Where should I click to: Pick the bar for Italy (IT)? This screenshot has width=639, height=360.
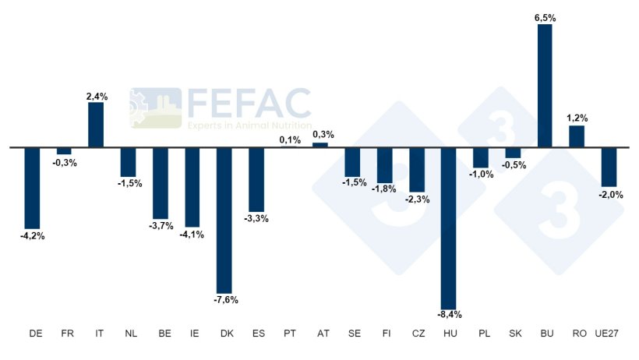tap(96, 125)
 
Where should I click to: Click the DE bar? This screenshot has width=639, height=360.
tap(32, 187)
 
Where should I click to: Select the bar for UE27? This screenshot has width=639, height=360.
tap(609, 166)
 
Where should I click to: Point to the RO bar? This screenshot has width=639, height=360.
tap(577, 136)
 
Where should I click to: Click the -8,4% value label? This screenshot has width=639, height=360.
tap(450, 315)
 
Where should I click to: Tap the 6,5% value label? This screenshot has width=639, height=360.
tap(545, 17)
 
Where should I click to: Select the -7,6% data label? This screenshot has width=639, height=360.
tap(226, 299)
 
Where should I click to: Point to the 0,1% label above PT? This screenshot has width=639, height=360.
tap(289, 140)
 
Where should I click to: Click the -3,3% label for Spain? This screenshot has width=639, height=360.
tap(256, 218)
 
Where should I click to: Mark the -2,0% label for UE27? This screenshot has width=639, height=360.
tap(610, 195)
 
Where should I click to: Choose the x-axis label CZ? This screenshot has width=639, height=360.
tap(418, 334)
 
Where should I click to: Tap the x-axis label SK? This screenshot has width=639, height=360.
tap(514, 334)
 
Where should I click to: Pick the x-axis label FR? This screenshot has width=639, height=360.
tap(68, 334)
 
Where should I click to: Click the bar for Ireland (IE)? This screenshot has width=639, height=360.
tap(192, 187)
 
